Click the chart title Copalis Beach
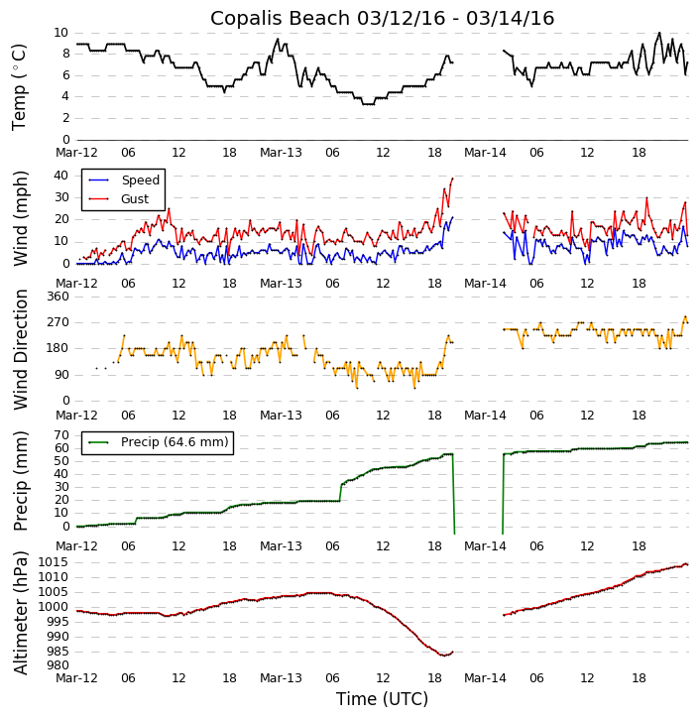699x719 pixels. pos(382,18)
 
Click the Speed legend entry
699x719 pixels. pos(140,180)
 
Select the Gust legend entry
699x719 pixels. pos(135,199)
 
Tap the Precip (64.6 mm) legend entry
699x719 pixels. pos(175,442)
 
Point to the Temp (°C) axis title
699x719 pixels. pos(20,86)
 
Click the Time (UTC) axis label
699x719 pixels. pos(382,699)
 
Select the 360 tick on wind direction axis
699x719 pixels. pos(56,297)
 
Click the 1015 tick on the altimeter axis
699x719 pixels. pos(53,562)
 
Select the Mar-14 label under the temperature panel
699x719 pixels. pos(485,153)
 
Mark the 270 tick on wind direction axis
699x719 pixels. pos(56,322)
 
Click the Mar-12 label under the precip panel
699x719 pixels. pos(76,546)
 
